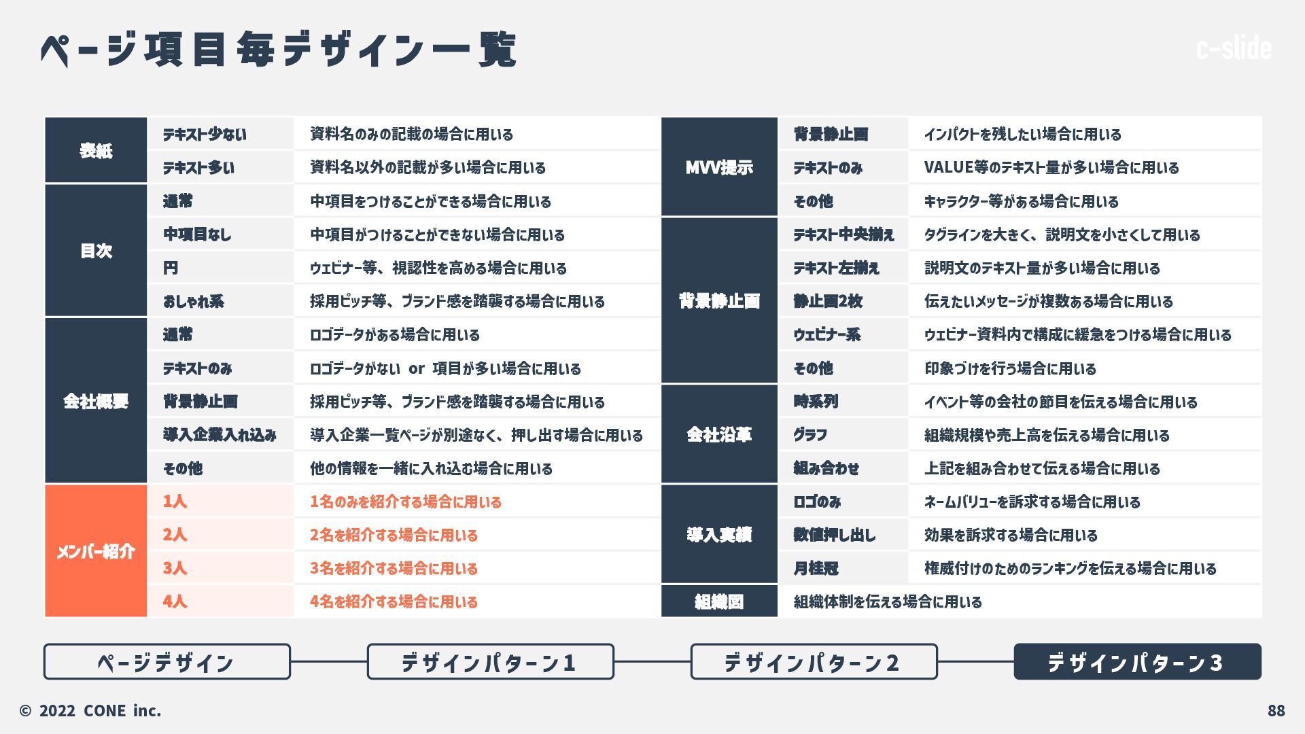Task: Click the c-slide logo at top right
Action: point(1234,48)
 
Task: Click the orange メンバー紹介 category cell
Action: point(96,551)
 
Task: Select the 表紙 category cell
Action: point(96,150)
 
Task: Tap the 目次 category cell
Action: point(96,251)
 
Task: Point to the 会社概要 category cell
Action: point(96,401)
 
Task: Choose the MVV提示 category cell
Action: point(719,167)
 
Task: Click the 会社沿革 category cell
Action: point(719,434)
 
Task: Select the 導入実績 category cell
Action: point(719,535)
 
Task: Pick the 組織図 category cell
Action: point(719,601)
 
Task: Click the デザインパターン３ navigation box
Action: point(1137,662)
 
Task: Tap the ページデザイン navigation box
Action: point(167,662)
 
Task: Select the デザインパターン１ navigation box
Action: point(490,662)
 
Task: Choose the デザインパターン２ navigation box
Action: point(814,662)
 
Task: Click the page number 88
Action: point(1276,711)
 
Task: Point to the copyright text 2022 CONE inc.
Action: point(90,711)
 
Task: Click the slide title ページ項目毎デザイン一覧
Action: point(279,49)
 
